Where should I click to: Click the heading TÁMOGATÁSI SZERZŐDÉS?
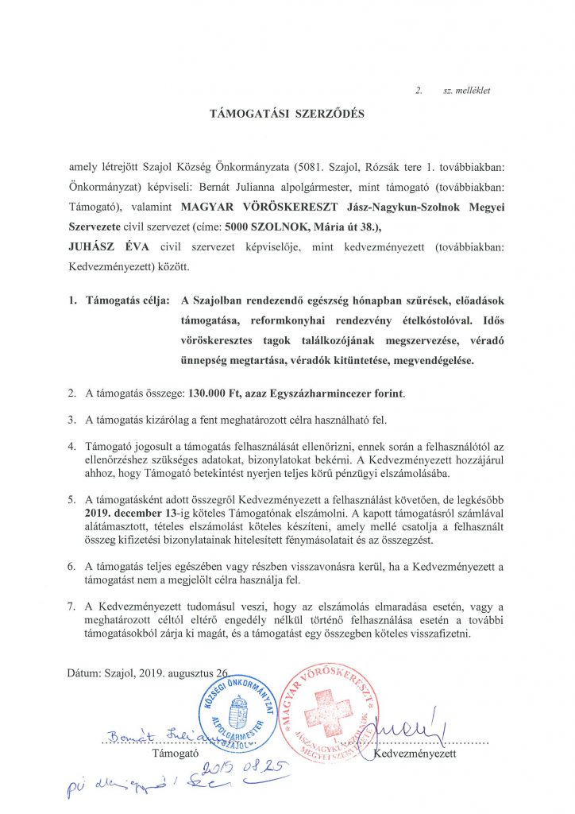(x=287, y=114)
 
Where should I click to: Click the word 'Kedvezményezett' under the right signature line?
(x=415, y=752)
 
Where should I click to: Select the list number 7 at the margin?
(x=71, y=607)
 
